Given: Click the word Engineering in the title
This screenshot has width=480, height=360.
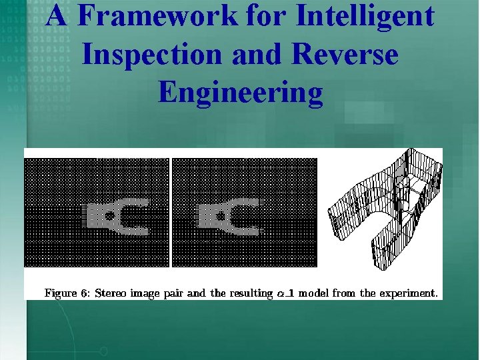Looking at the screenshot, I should click(240, 93).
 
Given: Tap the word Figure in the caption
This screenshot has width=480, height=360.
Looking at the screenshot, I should click(61, 293).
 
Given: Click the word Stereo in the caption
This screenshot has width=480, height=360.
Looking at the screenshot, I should click(111, 293).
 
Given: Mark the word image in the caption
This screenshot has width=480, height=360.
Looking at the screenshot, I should click(147, 293).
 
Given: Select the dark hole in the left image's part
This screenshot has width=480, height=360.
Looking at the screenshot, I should click(109, 215).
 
